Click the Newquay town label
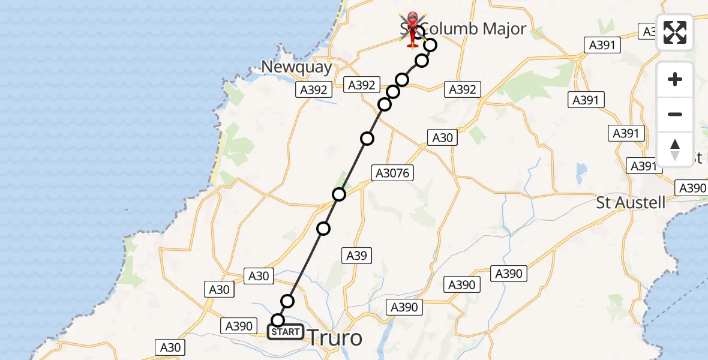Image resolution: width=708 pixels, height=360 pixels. click(297, 67)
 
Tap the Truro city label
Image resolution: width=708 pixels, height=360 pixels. click(335, 338)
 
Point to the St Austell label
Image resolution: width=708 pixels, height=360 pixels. click(631, 202)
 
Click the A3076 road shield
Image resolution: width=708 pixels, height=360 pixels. click(393, 173)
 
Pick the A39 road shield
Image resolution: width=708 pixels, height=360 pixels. click(357, 256)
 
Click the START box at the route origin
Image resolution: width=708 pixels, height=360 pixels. click(285, 331)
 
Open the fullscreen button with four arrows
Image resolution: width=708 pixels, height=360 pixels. click(675, 32)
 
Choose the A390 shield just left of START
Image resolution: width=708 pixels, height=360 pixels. click(238, 326)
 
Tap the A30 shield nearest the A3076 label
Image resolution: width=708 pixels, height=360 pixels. click(443, 137)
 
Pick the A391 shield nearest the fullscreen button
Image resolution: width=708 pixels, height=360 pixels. click(602, 45)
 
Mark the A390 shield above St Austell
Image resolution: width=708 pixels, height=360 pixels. click(692, 188)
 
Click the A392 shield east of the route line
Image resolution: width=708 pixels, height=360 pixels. click(463, 89)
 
